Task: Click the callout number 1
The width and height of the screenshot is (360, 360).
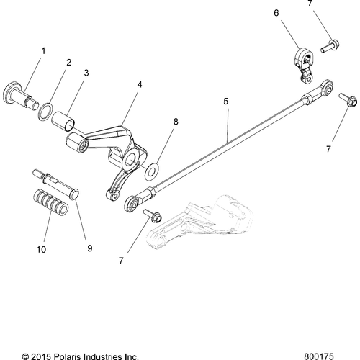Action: (x=42, y=51)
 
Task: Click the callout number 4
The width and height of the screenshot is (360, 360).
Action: (x=138, y=84)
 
